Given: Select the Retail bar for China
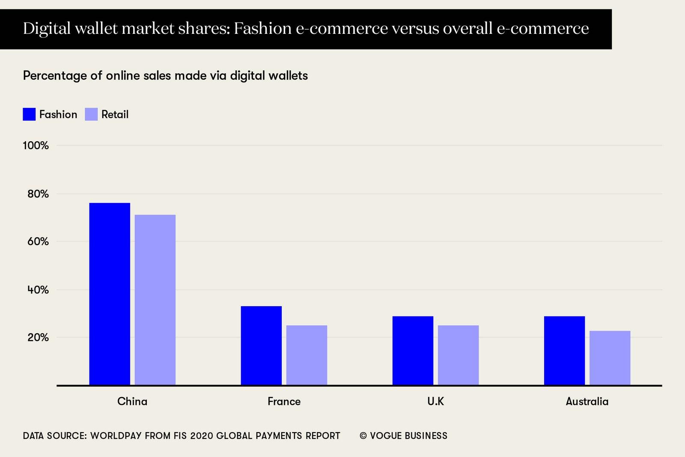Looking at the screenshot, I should pyautogui.click(x=155, y=300).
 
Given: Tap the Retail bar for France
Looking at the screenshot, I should pyautogui.click(x=307, y=355).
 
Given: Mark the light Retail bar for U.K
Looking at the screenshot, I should pyautogui.click(x=458, y=355).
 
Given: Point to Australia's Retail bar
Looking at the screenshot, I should pyautogui.click(x=610, y=358).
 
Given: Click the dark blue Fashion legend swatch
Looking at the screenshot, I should pyautogui.click(x=29, y=114).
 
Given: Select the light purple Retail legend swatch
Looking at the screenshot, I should pyautogui.click(x=91, y=114).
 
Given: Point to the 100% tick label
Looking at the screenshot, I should pyautogui.click(x=36, y=146).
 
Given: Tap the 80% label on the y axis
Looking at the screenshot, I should pyautogui.click(x=38, y=194).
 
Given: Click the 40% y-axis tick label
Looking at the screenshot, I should pyautogui.click(x=38, y=290).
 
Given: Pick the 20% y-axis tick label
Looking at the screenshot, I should pyautogui.click(x=38, y=338).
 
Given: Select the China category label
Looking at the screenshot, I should pyautogui.click(x=132, y=401).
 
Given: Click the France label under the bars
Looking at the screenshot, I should pyautogui.click(x=284, y=401).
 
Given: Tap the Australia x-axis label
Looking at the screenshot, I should pyautogui.click(x=587, y=401).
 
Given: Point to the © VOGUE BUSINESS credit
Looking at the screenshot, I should pyautogui.click(x=403, y=436).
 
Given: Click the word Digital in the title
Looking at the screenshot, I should pyautogui.click(x=46, y=29).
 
